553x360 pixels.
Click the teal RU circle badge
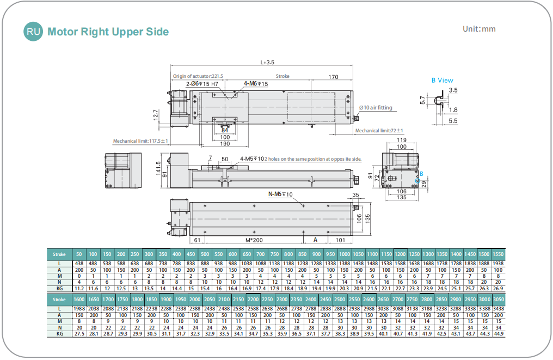[x=34, y=32]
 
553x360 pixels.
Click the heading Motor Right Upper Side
[x=108, y=32]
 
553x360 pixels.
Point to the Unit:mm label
[x=479, y=29]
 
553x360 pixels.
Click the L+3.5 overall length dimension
[x=267, y=63]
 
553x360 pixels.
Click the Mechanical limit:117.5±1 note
[x=140, y=141]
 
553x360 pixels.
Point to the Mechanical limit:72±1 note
[x=379, y=131]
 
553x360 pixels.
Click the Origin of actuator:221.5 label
[x=198, y=76]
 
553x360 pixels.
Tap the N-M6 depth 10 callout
[x=280, y=194]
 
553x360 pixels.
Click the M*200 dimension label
[x=254, y=240]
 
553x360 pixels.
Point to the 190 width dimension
[x=224, y=144]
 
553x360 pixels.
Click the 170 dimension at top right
[x=333, y=76]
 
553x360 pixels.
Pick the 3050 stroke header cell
[x=498, y=300]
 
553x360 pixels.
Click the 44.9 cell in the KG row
[x=498, y=333]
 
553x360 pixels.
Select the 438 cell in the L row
[x=79, y=264]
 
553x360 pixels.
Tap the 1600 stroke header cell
[x=79, y=300]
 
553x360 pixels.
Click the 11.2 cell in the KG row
[x=79, y=288]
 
